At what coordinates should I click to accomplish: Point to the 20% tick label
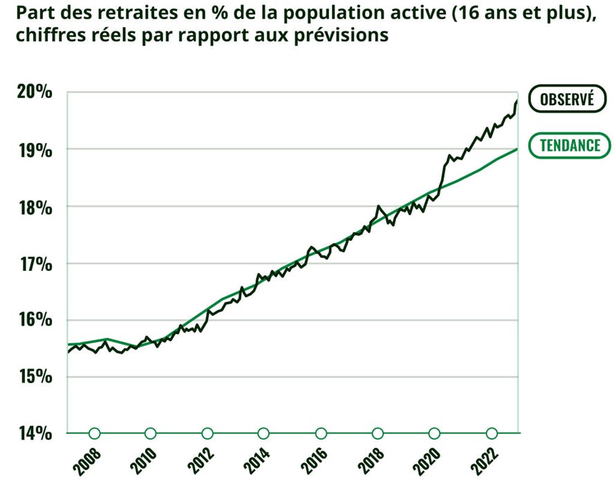coord(32,92)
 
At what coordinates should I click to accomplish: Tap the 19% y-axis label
coord(32,149)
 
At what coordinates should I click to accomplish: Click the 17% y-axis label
coord(32,263)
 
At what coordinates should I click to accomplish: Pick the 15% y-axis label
coord(32,377)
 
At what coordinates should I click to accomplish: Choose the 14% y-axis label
coord(32,433)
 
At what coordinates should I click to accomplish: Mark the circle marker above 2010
coord(151,433)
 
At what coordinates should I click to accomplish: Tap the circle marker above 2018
coord(377,433)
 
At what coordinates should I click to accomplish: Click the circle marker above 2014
coord(264,433)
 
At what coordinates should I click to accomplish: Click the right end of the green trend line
coord(516,149)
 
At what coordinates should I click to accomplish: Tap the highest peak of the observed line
coord(516,102)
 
